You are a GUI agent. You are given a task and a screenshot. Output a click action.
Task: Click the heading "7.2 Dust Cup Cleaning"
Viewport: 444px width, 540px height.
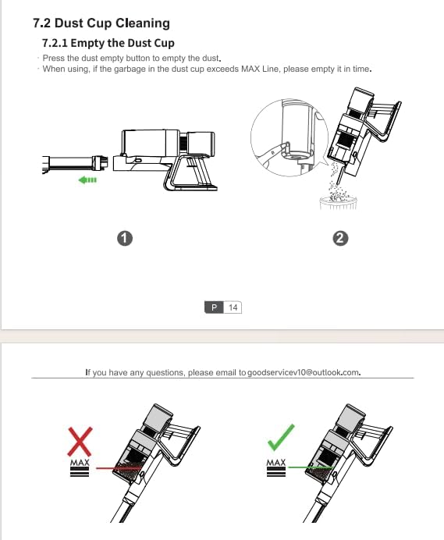[101, 23]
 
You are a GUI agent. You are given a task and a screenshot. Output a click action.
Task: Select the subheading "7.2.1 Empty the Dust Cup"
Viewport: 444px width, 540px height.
[108, 43]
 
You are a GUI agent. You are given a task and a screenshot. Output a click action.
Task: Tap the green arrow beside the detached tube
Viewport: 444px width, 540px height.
[87, 179]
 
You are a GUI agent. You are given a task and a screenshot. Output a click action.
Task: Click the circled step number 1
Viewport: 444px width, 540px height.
[125, 238]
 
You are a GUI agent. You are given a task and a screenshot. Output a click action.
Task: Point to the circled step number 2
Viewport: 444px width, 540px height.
[340, 238]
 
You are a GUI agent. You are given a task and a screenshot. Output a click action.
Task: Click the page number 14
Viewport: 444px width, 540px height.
[233, 307]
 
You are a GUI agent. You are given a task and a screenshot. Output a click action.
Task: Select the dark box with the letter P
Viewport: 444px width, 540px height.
[214, 307]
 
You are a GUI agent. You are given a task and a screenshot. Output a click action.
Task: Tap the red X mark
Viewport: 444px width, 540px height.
[80, 442]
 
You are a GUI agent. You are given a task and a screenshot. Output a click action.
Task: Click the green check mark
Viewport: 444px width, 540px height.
[281, 437]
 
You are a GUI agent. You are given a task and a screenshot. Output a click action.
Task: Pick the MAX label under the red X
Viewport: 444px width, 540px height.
[80, 463]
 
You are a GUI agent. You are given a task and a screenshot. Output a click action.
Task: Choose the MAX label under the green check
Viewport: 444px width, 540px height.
[276, 463]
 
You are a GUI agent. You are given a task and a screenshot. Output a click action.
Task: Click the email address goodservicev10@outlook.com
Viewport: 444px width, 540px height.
[303, 372]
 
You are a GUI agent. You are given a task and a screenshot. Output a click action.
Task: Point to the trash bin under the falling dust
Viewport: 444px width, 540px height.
[338, 203]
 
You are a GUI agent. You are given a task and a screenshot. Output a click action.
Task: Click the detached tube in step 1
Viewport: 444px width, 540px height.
[75, 164]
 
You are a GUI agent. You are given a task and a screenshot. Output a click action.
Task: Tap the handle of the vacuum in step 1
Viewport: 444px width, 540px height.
[190, 172]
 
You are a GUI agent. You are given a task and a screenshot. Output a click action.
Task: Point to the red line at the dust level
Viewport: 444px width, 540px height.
[118, 468]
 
